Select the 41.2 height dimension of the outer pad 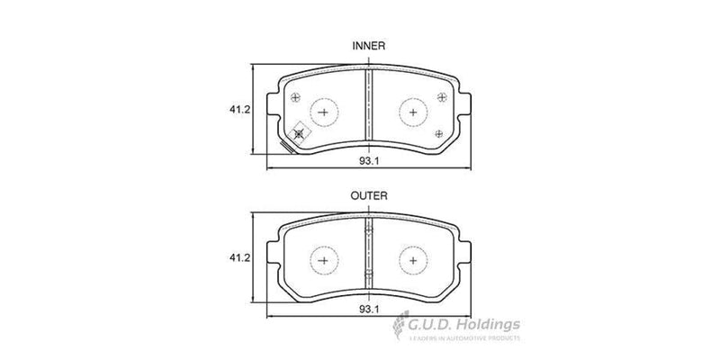pyautogui.click(x=238, y=259)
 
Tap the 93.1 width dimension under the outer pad pyautogui.click(x=366, y=310)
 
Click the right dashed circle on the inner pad pyautogui.click(x=412, y=112)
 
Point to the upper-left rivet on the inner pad pyautogui.click(x=296, y=98)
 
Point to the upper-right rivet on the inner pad pyautogui.click(x=439, y=98)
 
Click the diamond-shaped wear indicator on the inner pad pyautogui.click(x=300, y=131)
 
